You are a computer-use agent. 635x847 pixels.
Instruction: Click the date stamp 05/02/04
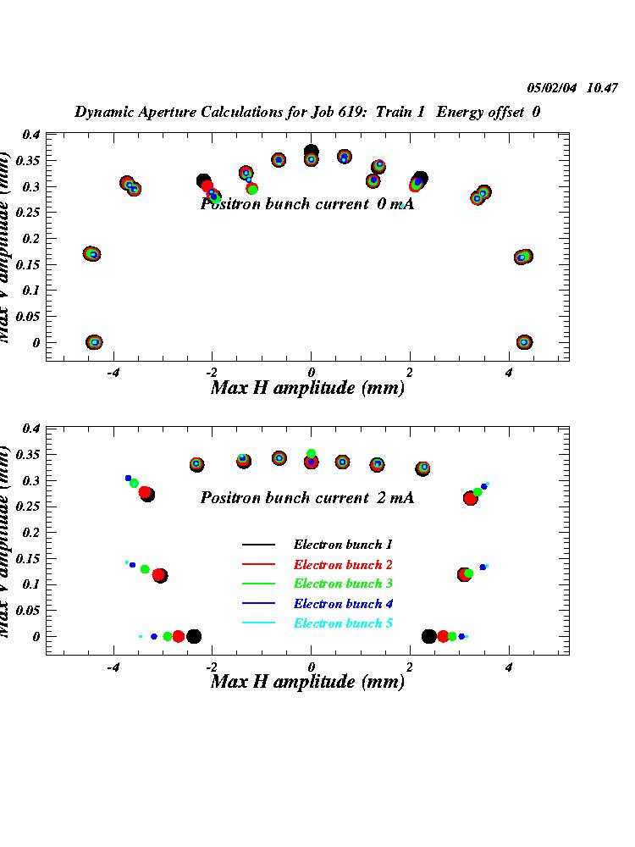[x=549, y=87]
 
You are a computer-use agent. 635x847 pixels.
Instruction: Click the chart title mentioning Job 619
[x=307, y=112]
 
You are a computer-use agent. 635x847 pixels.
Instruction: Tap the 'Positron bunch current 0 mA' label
[x=306, y=203]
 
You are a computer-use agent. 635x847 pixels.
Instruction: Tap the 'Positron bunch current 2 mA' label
[x=306, y=498]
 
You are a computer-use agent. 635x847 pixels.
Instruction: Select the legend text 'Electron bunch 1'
[x=342, y=545]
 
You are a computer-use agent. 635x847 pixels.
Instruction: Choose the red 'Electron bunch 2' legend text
[x=342, y=564]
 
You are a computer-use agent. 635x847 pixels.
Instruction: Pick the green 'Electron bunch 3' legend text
[x=342, y=584]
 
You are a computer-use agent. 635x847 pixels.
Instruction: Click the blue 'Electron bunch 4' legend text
[x=342, y=604]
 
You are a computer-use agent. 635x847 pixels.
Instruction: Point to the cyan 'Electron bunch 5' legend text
[x=342, y=623]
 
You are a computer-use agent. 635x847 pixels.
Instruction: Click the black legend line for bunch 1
[x=258, y=545]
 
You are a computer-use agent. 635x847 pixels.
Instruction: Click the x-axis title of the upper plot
[x=306, y=388]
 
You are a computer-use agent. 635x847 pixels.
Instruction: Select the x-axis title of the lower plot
[x=306, y=681]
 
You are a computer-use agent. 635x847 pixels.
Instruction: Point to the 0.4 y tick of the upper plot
[x=31, y=135]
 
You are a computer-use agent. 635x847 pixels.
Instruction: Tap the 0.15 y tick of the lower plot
[x=28, y=558]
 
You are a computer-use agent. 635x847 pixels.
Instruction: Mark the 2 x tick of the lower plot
[x=410, y=667]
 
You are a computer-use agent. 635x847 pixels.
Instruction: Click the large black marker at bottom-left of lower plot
[x=194, y=636]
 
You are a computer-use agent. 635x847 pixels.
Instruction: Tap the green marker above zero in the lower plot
[x=311, y=454]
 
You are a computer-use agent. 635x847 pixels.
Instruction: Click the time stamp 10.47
[x=603, y=87]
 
